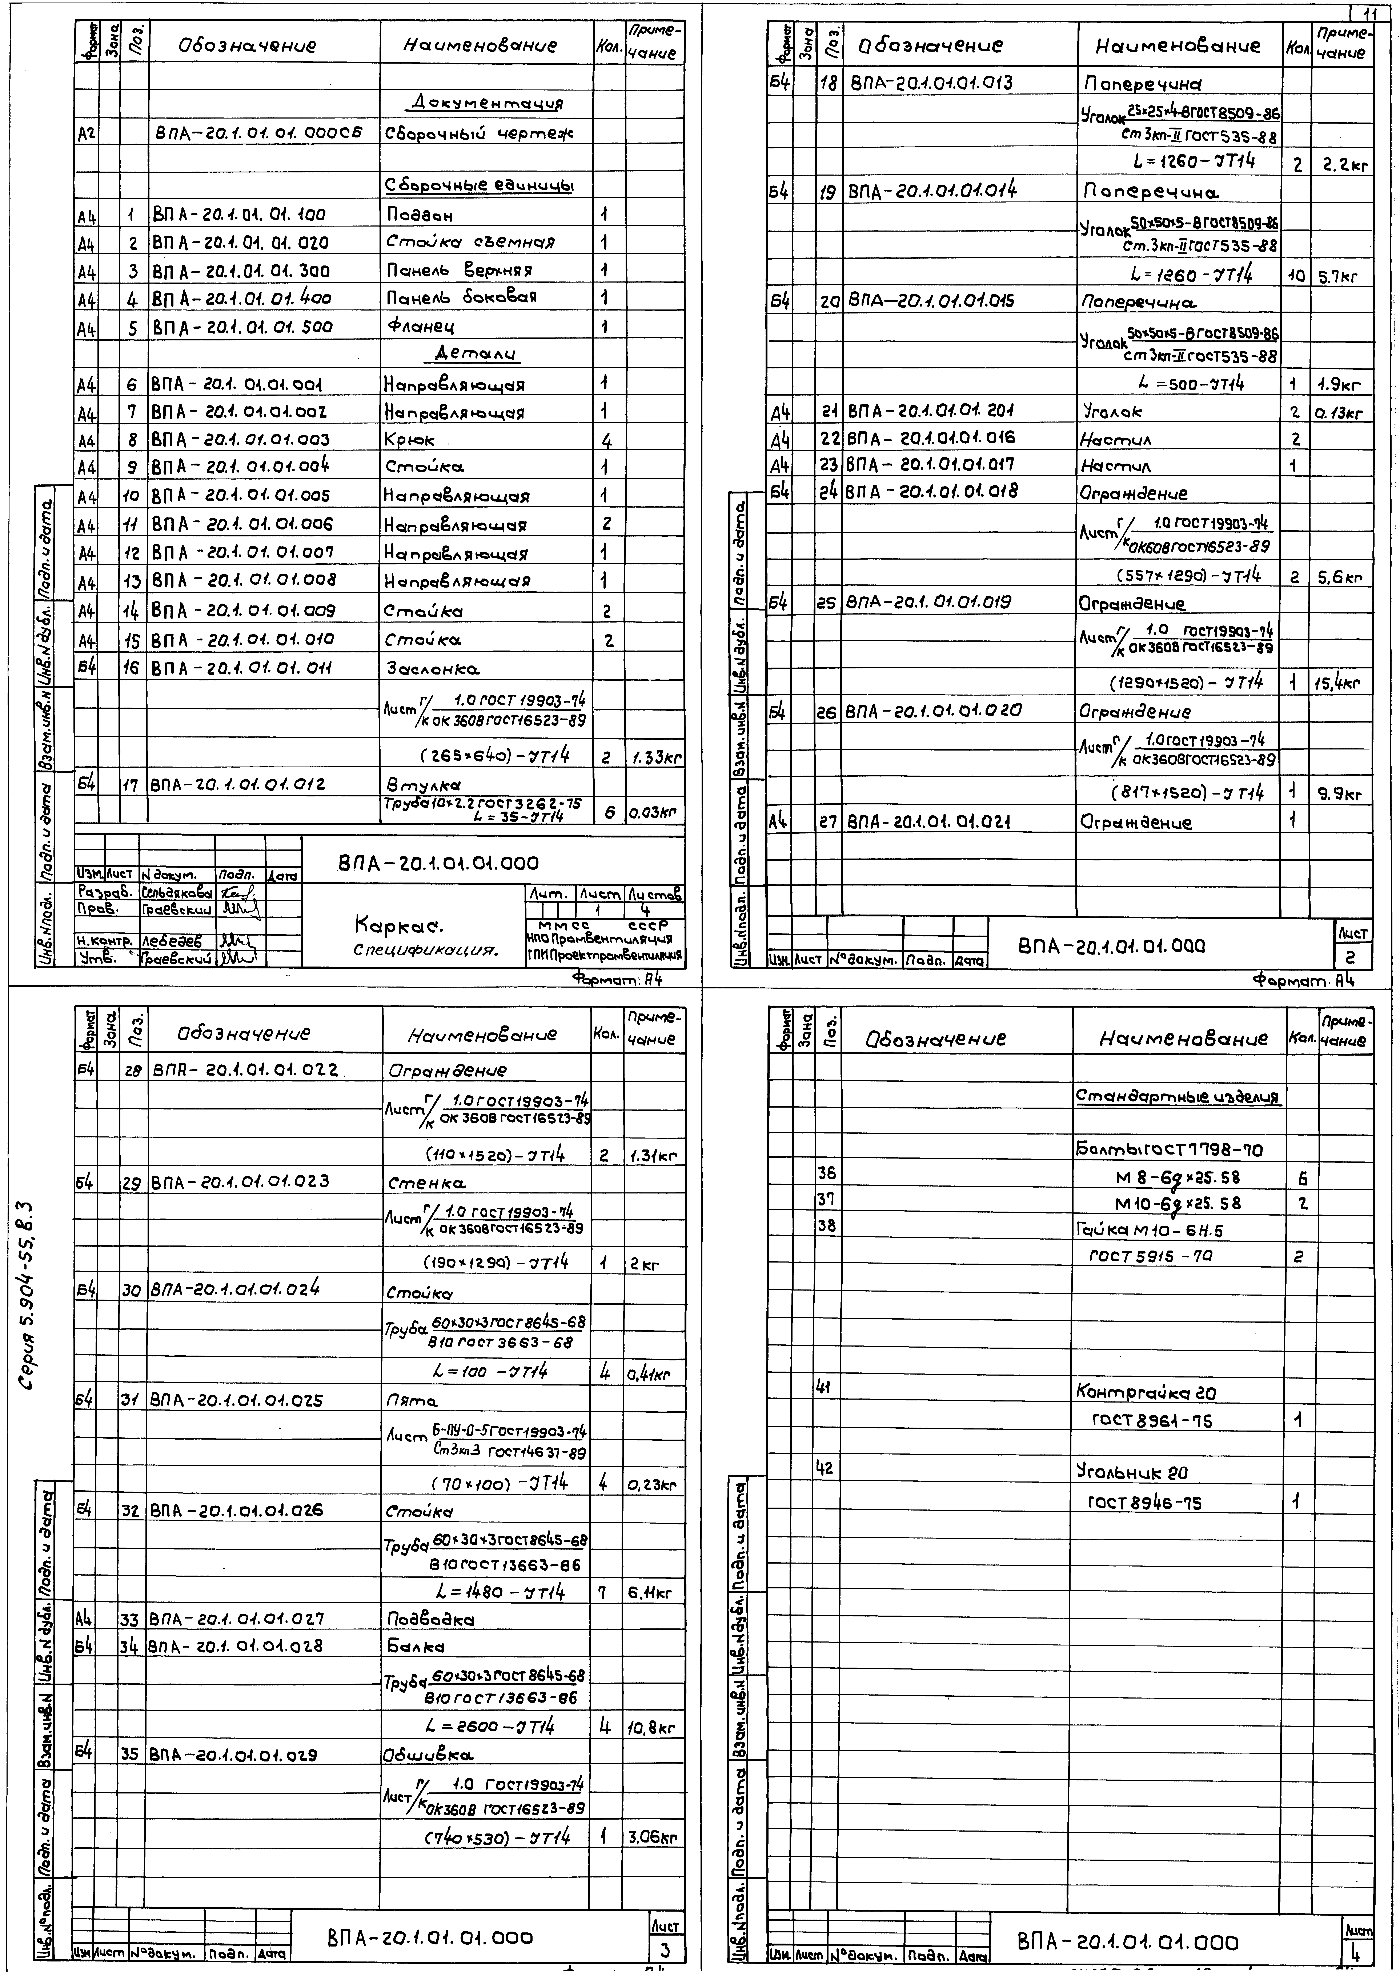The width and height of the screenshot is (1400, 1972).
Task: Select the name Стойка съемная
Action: pyautogui.click(x=470, y=242)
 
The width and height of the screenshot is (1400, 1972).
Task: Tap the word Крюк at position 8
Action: pyautogui.click(x=410, y=440)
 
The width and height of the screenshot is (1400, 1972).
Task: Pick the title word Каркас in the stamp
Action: pyautogui.click(x=398, y=926)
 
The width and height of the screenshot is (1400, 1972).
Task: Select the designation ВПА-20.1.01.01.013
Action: pyautogui.click(x=931, y=83)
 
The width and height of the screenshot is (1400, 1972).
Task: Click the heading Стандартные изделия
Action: pyautogui.click(x=1178, y=1097)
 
